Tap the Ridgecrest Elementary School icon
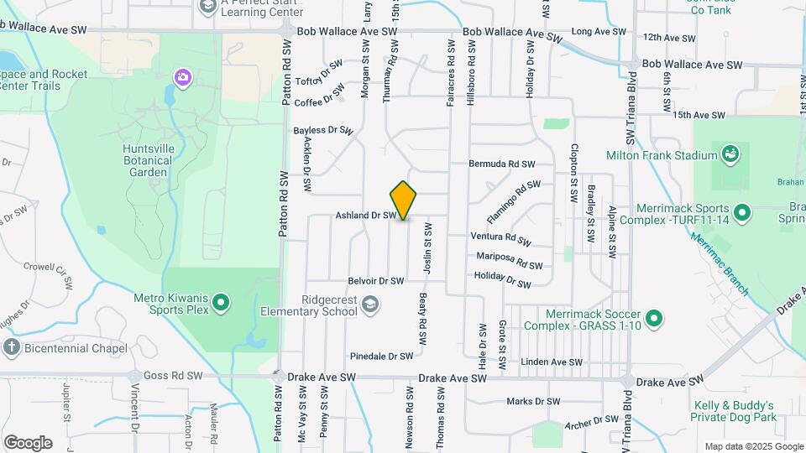pyautogui.click(x=370, y=305)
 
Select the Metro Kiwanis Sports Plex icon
pyautogui.click(x=221, y=302)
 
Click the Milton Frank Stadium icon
pyautogui.click(x=730, y=154)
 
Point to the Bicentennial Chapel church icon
pyautogui.click(x=12, y=348)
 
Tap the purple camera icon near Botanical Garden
pyautogui.click(x=182, y=78)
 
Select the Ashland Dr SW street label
pyautogui.click(x=365, y=216)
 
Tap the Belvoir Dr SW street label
pyautogui.click(x=376, y=281)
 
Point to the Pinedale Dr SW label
pyautogui.click(x=382, y=356)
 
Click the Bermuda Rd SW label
pyautogui.click(x=501, y=164)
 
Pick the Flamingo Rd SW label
pyautogui.click(x=513, y=200)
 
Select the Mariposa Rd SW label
pyautogui.click(x=509, y=260)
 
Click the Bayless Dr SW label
pyautogui.click(x=323, y=131)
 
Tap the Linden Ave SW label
pyautogui.click(x=552, y=362)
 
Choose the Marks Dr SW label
pyautogui.click(x=533, y=402)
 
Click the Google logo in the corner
pyautogui.click(x=28, y=443)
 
